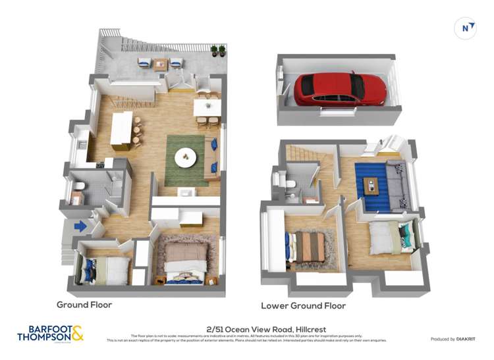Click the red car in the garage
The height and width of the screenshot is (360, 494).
coord(339,89)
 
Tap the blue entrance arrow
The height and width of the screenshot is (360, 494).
coord(80,226)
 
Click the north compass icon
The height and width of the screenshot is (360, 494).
coord(466,28)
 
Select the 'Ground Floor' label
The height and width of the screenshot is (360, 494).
coord(84,305)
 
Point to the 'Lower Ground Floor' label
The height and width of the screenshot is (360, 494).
coord(303,305)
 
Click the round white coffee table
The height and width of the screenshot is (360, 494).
coord(186,158)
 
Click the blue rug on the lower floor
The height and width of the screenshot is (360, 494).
coord(373,188)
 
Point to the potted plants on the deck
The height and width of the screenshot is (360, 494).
coord(218,51)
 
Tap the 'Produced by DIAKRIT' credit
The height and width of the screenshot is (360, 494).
coord(452,339)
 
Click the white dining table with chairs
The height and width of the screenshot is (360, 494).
coord(207,108)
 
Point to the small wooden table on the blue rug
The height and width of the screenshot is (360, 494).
coord(372,186)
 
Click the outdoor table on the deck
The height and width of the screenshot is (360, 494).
coord(160,64)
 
